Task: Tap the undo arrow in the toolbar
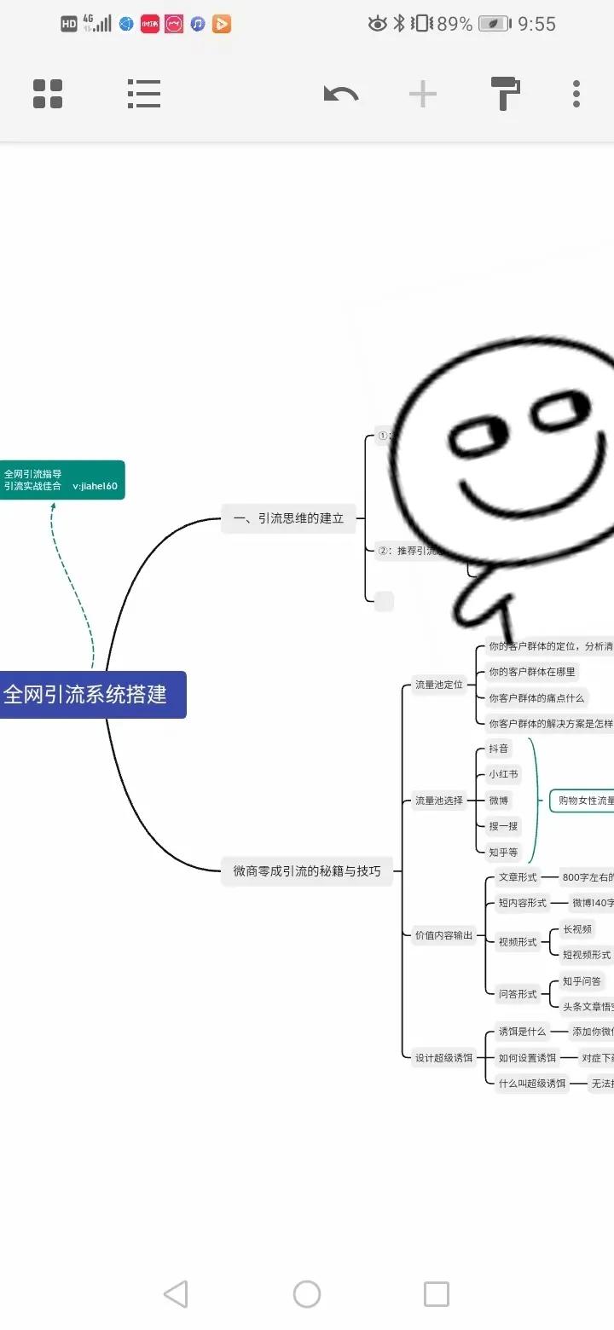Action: pyautogui.click(x=341, y=94)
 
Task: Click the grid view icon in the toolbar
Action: pyautogui.click(x=48, y=94)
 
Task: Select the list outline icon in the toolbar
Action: pyautogui.click(x=144, y=94)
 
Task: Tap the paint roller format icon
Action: pyautogui.click(x=505, y=94)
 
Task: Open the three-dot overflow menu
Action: pyautogui.click(x=576, y=94)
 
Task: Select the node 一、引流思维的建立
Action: pyautogui.click(x=288, y=518)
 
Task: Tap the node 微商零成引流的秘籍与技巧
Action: pyautogui.click(x=307, y=871)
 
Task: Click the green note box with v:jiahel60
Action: pyautogui.click(x=61, y=480)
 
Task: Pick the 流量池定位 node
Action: pyautogui.click(x=438, y=685)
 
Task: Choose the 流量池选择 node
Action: pyautogui.click(x=438, y=801)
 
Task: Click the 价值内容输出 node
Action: pyautogui.click(x=443, y=935)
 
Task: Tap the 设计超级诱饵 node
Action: pyautogui.click(x=443, y=1058)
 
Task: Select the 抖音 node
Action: pyautogui.click(x=498, y=749)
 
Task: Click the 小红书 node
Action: pyautogui.click(x=502, y=775)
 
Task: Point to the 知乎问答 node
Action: pyautogui.click(x=582, y=981)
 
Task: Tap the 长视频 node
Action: pyautogui.click(x=576, y=929)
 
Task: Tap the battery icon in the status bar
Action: pyautogui.click(x=495, y=24)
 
